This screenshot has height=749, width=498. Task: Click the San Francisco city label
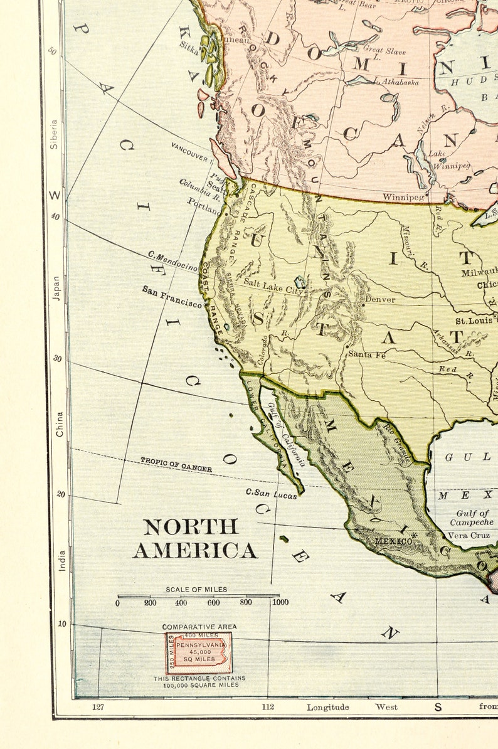[x=172, y=297]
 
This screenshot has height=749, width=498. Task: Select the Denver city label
[x=381, y=300]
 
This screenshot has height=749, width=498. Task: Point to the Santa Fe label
[x=367, y=354]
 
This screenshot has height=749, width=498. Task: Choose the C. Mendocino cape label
[x=172, y=262]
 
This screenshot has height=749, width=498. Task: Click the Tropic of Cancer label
[x=176, y=465]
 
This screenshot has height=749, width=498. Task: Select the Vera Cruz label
[x=468, y=536]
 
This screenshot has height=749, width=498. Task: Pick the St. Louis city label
[x=474, y=321]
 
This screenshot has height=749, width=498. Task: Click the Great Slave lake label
[x=385, y=51]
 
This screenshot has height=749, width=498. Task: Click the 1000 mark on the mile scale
[x=280, y=602]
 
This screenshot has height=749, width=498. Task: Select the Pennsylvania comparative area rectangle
[x=199, y=653]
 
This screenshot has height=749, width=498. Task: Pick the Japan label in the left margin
[x=56, y=288]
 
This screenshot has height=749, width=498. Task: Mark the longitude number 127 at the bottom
[x=98, y=707]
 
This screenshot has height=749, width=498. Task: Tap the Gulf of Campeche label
[x=472, y=518]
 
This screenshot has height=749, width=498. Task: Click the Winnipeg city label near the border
[x=403, y=197]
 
